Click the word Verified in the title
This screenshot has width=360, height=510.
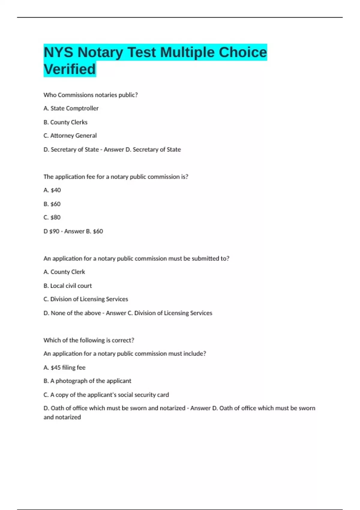(x=70, y=69)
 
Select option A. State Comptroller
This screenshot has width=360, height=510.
(x=71, y=108)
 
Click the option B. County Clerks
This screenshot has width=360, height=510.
(x=65, y=122)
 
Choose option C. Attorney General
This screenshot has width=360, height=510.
(x=70, y=136)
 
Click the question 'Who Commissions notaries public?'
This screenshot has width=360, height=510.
(x=90, y=95)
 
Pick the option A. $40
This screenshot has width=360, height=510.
(x=52, y=190)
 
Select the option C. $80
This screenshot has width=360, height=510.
(x=52, y=217)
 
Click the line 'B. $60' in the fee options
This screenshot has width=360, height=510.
(x=52, y=204)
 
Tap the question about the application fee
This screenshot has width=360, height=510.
(x=116, y=177)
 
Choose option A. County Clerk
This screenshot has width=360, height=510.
(x=64, y=272)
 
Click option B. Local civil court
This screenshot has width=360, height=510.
(x=67, y=286)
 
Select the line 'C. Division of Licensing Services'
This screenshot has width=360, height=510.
(x=86, y=299)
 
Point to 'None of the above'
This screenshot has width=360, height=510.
(x=76, y=313)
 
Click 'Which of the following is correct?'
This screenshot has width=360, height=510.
(x=89, y=340)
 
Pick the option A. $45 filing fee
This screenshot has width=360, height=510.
(x=64, y=367)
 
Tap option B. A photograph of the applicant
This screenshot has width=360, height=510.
(x=87, y=381)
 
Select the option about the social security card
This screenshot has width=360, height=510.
(x=106, y=395)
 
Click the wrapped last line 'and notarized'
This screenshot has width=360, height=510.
(x=62, y=417)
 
